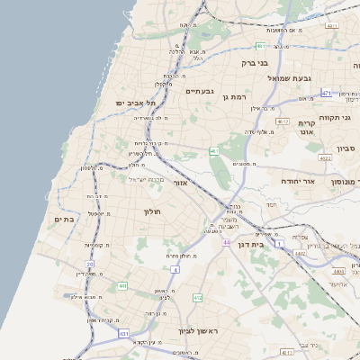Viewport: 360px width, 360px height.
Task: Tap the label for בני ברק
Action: tap(256, 64)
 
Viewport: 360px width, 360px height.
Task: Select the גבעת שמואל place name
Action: tap(289, 78)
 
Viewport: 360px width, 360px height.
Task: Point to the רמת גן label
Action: tap(238, 95)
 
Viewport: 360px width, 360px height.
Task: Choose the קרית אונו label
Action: tap(306, 127)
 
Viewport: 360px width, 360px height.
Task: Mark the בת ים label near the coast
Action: tap(63, 218)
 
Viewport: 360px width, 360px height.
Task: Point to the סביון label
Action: tap(346, 148)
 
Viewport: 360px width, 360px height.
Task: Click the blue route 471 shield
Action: tap(326, 93)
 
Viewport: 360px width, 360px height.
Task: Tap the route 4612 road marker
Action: tap(283, 121)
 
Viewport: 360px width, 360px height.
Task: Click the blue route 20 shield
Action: tap(90, 264)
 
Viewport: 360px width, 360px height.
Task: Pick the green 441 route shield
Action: tap(121, 286)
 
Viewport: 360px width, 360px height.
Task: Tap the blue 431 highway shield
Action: tap(123, 333)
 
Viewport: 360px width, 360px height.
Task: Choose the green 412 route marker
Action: tap(197, 297)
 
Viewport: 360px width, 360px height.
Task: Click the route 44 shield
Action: tap(228, 243)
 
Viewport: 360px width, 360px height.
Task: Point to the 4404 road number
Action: tap(338, 270)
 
